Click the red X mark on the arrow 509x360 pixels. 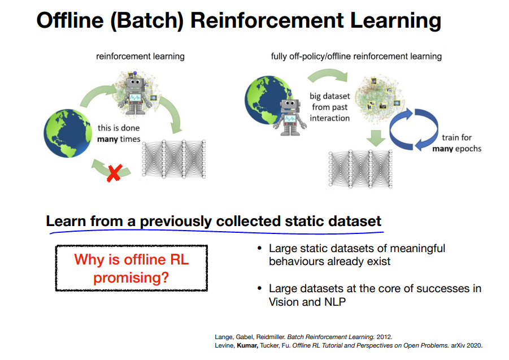[114, 173]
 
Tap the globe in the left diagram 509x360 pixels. [68, 133]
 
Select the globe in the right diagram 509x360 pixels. [268, 100]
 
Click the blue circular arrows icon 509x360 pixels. [414, 129]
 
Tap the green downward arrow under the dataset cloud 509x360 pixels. [376, 138]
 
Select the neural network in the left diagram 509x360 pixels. [173, 159]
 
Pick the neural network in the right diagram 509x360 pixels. [360, 169]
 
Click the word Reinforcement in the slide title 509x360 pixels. [267, 20]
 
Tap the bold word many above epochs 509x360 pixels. [442, 149]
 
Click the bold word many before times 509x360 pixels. [107, 139]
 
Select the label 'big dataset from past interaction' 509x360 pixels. [329, 107]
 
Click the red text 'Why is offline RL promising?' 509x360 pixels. [132, 268]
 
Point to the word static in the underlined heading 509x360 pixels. [304, 222]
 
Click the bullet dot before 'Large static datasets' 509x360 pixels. [259, 248]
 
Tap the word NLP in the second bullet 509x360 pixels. [335, 302]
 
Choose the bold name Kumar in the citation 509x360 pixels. [247, 345]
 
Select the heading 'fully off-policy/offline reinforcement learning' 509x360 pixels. [356, 57]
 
